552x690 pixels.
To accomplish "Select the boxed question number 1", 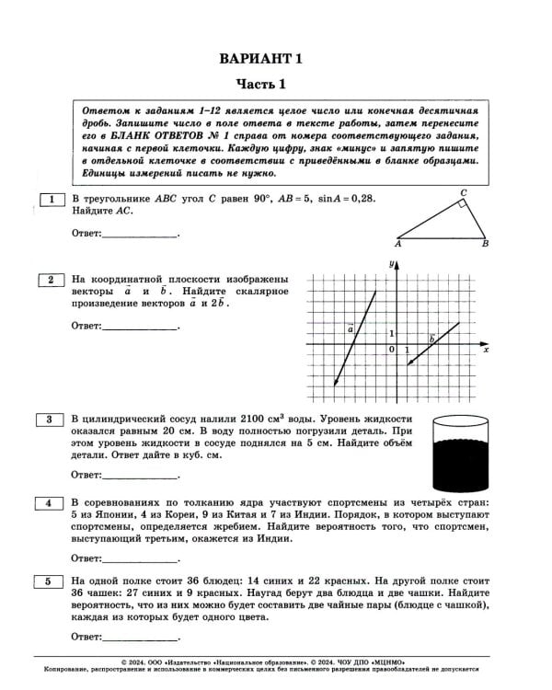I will point(52,199).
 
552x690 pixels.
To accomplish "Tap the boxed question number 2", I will point(52,280).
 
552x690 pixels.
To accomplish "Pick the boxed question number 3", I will point(52,420).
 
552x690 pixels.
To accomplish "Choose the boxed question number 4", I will point(52,502).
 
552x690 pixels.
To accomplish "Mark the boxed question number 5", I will point(52,581).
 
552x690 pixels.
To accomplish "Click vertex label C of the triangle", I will point(464,192).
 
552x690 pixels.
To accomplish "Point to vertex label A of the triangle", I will point(397,246).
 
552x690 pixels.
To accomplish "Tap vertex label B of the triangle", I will point(485,246).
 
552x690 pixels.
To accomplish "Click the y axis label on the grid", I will point(391,265).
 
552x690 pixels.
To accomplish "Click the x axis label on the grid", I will point(485,351).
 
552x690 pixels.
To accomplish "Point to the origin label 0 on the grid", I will point(391,351).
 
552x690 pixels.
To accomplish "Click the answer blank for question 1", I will point(139,236).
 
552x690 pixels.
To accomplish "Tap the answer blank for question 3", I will point(139,477).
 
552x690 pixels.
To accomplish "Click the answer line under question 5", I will point(139,638).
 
